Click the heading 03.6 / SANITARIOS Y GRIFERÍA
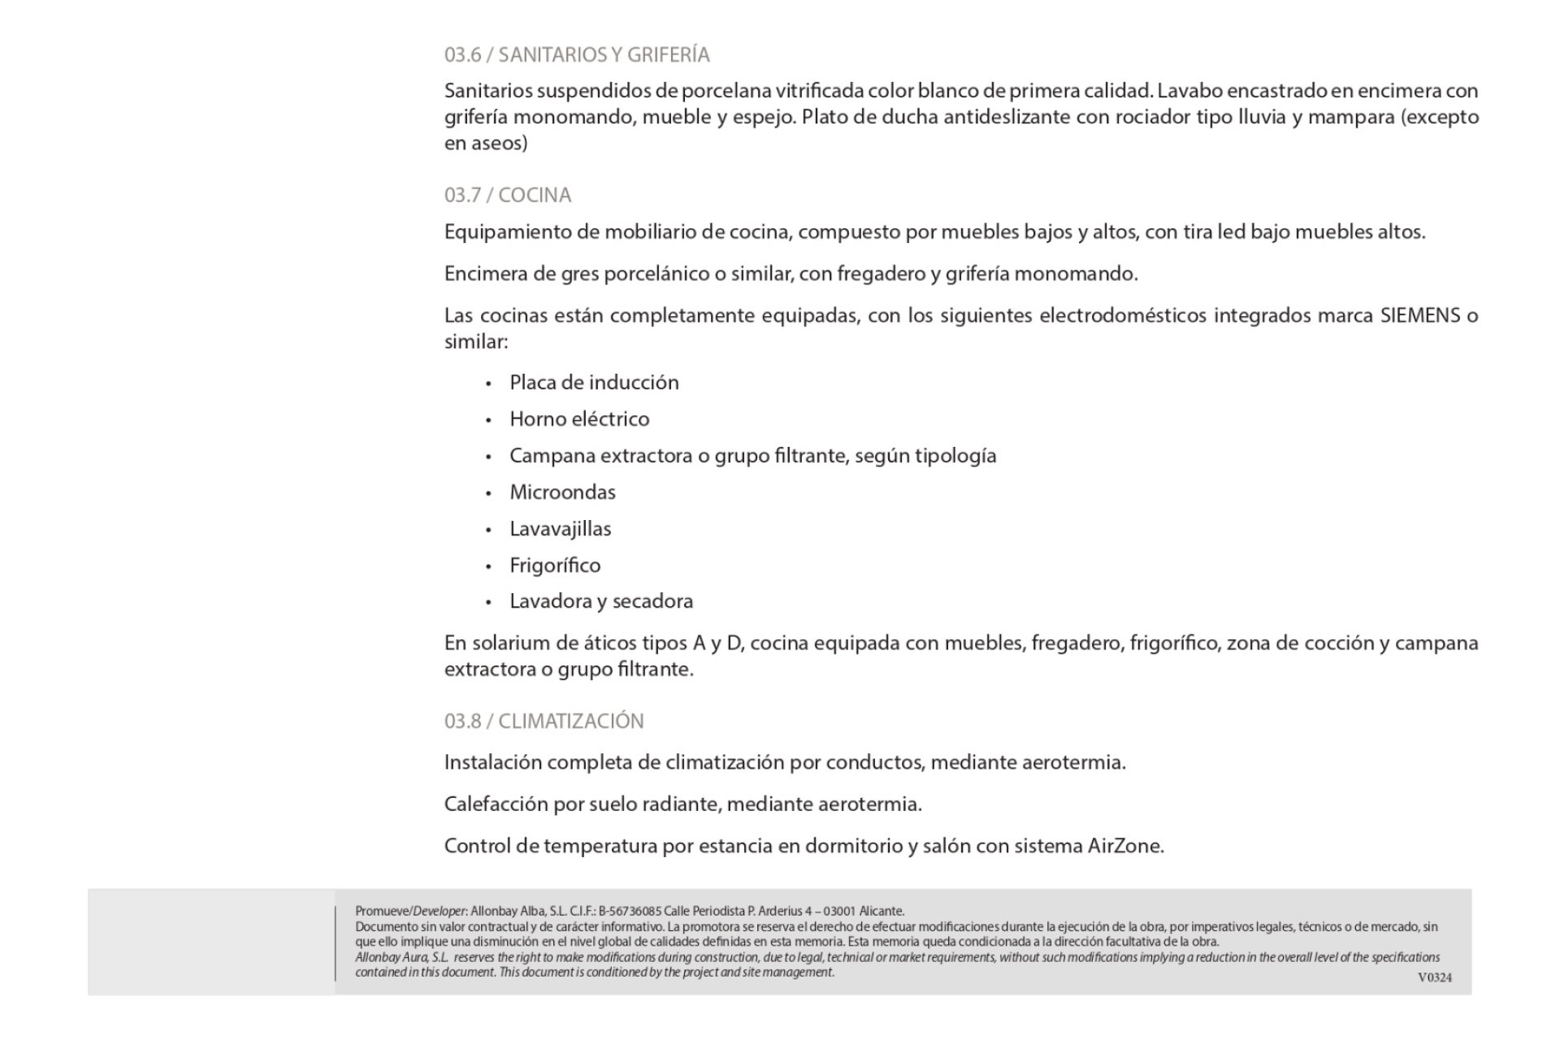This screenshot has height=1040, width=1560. click(577, 54)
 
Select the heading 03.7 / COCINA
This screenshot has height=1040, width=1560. click(508, 195)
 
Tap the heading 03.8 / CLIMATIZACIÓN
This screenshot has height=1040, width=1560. click(544, 721)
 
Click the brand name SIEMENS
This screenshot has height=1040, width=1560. click(1419, 315)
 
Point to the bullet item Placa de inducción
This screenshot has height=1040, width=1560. click(594, 383)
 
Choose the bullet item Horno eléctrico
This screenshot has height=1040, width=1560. click(579, 419)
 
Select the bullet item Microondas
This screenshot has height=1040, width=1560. click(562, 492)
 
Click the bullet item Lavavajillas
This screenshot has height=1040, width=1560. click(560, 529)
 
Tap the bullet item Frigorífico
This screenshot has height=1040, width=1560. click(555, 565)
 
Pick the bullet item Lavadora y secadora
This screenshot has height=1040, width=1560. click(601, 601)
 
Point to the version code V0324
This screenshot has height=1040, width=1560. click(1434, 977)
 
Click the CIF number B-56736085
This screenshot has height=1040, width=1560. click(630, 912)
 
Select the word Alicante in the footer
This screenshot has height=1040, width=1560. click(881, 912)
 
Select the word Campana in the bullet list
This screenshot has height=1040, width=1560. click(552, 456)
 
